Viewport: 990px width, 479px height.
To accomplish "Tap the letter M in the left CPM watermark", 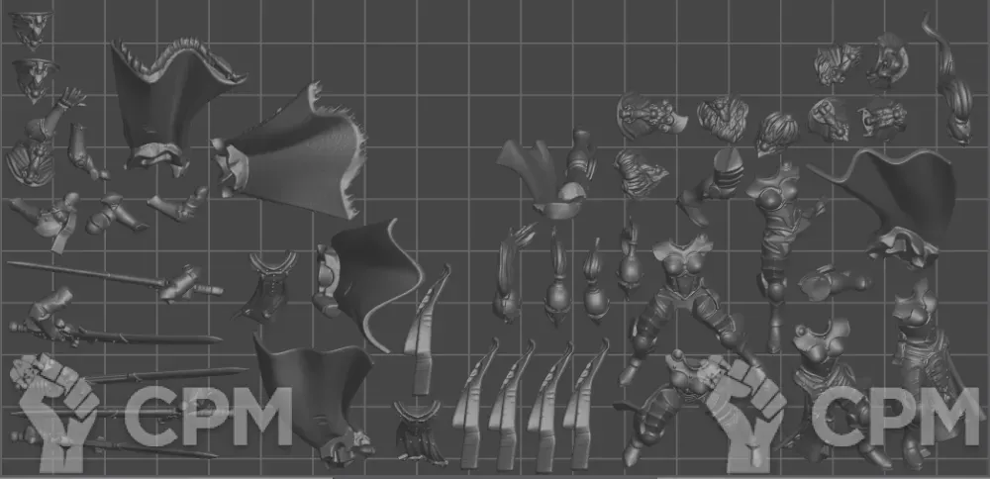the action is [262, 418].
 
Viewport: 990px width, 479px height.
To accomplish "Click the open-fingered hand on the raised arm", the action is [71, 97].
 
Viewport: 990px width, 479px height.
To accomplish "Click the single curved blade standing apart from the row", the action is [426, 329].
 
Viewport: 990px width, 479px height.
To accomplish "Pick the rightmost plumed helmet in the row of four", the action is [630, 258].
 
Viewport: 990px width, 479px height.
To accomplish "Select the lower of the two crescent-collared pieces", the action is [418, 432].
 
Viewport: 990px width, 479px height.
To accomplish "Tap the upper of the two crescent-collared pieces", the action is [267, 287].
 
